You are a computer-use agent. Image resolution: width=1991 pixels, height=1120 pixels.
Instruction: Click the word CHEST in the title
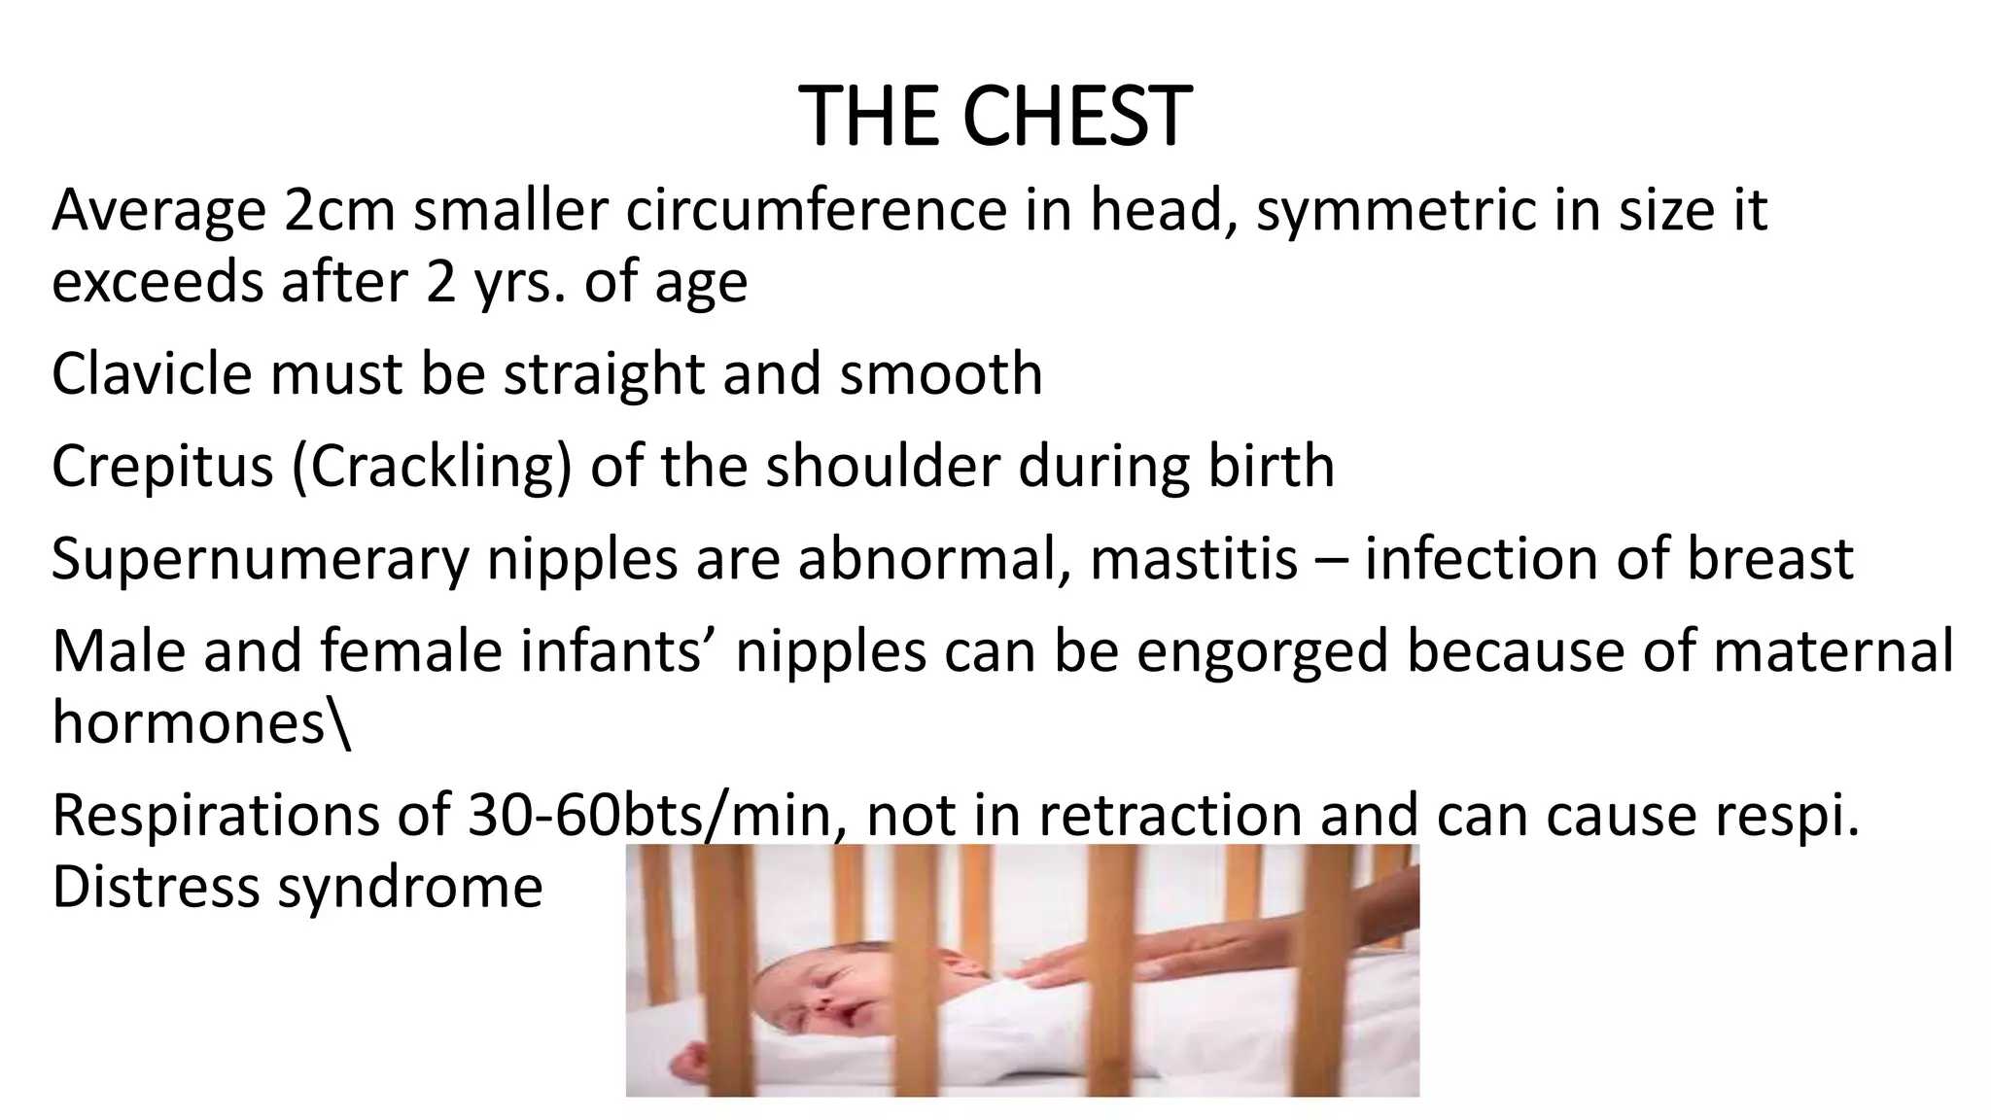click(1076, 117)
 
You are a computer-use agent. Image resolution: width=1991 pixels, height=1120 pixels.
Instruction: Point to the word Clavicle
click(152, 373)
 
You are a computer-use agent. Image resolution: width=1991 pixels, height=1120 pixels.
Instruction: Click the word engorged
click(1262, 650)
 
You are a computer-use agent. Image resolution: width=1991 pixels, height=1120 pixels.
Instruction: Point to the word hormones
click(191, 722)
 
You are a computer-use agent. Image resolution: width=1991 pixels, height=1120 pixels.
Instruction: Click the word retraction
click(1170, 815)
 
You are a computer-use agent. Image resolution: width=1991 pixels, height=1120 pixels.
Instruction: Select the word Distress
click(156, 887)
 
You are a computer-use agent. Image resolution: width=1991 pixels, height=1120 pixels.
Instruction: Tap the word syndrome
click(410, 887)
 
